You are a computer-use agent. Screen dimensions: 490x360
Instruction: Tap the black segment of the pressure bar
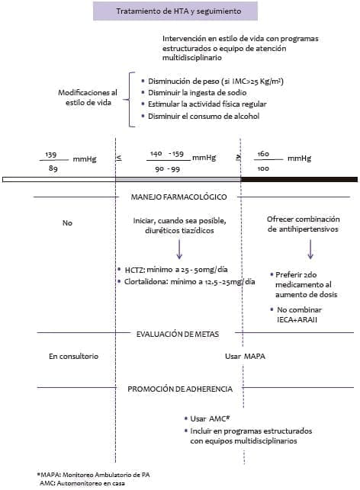(x=299, y=179)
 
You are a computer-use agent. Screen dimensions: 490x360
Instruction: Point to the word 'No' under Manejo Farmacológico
(x=66, y=223)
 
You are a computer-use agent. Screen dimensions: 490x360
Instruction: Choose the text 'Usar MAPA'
(x=244, y=357)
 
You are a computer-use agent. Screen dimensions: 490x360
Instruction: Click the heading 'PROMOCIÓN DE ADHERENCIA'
(x=180, y=389)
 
